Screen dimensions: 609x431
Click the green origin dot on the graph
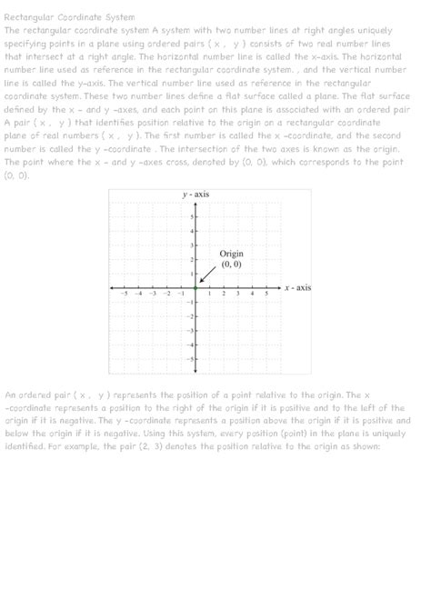pyautogui.click(x=195, y=287)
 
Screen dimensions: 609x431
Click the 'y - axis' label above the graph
pyautogui.click(x=195, y=194)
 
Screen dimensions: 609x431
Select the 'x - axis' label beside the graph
pyautogui.click(x=297, y=287)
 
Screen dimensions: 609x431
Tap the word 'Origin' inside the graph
pyautogui.click(x=232, y=253)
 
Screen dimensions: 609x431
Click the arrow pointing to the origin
pyautogui.click(x=207, y=276)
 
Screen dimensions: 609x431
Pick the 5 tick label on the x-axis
pyautogui.click(x=266, y=294)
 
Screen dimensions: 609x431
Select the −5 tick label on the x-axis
pyautogui.click(x=124, y=294)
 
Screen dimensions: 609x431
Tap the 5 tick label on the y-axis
pyautogui.click(x=191, y=216)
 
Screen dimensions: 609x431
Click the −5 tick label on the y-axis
pyautogui.click(x=189, y=358)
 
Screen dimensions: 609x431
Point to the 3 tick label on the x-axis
pyautogui.click(x=238, y=294)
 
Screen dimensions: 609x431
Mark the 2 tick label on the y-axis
pyautogui.click(x=191, y=259)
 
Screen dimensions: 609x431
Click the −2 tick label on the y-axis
pyautogui.click(x=189, y=315)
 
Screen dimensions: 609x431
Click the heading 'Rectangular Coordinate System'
pyautogui.click(x=70, y=17)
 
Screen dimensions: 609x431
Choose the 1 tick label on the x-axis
pyautogui.click(x=210, y=294)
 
